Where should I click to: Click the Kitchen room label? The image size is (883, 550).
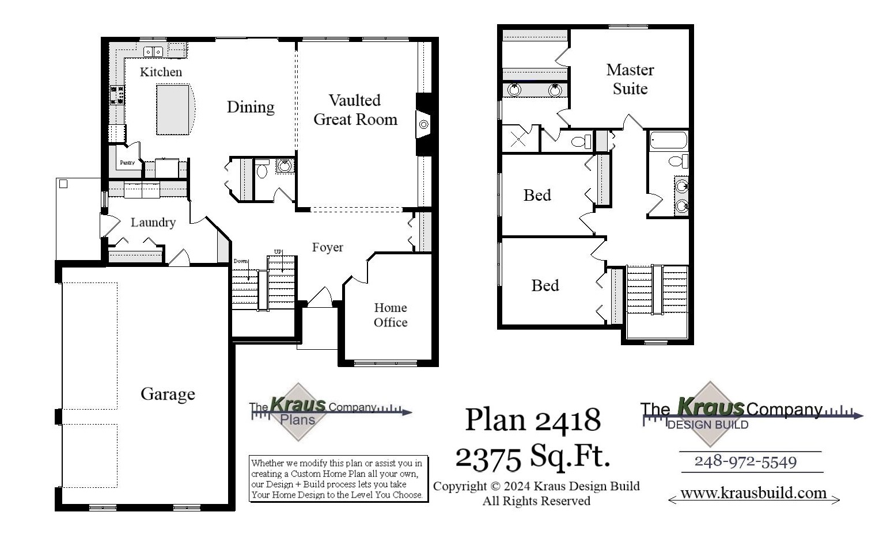click(x=161, y=72)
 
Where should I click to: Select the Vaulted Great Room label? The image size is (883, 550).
click(x=355, y=110)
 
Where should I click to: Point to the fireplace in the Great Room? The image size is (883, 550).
click(x=423, y=124)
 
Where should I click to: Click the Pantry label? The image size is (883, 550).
click(x=127, y=163)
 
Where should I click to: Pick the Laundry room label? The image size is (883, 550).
click(x=153, y=223)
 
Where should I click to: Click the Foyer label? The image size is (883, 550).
click(x=327, y=247)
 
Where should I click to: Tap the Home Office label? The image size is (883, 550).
click(x=390, y=315)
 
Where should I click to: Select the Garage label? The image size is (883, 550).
click(x=168, y=394)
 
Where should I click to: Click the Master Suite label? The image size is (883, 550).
click(x=630, y=79)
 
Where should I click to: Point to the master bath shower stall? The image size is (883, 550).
click(x=518, y=139)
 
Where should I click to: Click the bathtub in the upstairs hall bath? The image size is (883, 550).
click(x=668, y=140)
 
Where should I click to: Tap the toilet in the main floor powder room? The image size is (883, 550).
click(x=262, y=170)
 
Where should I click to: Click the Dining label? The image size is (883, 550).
click(x=250, y=107)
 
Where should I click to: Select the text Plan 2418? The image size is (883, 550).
click(x=533, y=419)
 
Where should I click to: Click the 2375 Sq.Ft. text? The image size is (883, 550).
click(x=533, y=457)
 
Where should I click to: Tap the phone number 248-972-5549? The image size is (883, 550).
click(x=745, y=462)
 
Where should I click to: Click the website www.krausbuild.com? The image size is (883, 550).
click(x=753, y=493)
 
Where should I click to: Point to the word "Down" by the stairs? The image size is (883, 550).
click(x=241, y=261)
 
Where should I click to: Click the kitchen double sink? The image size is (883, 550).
click(x=153, y=52)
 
